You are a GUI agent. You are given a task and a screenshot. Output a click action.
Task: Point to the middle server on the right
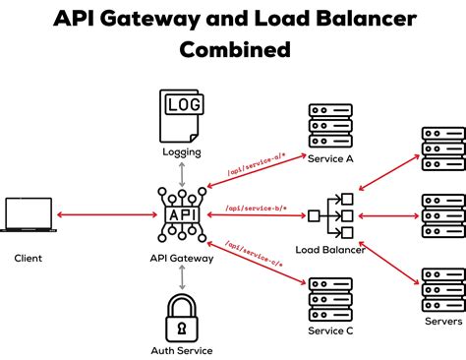click(x=441, y=213)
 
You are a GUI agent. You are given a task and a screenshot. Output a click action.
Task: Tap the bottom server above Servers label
click(x=441, y=289)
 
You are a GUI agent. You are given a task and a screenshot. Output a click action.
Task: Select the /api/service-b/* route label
click(x=253, y=208)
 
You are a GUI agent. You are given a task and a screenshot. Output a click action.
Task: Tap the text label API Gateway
click(x=182, y=259)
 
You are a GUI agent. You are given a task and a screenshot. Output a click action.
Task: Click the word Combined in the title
click(x=232, y=48)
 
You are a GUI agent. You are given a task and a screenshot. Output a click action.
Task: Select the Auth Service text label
click(x=182, y=351)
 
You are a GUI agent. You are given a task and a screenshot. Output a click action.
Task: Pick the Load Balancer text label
click(x=330, y=250)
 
